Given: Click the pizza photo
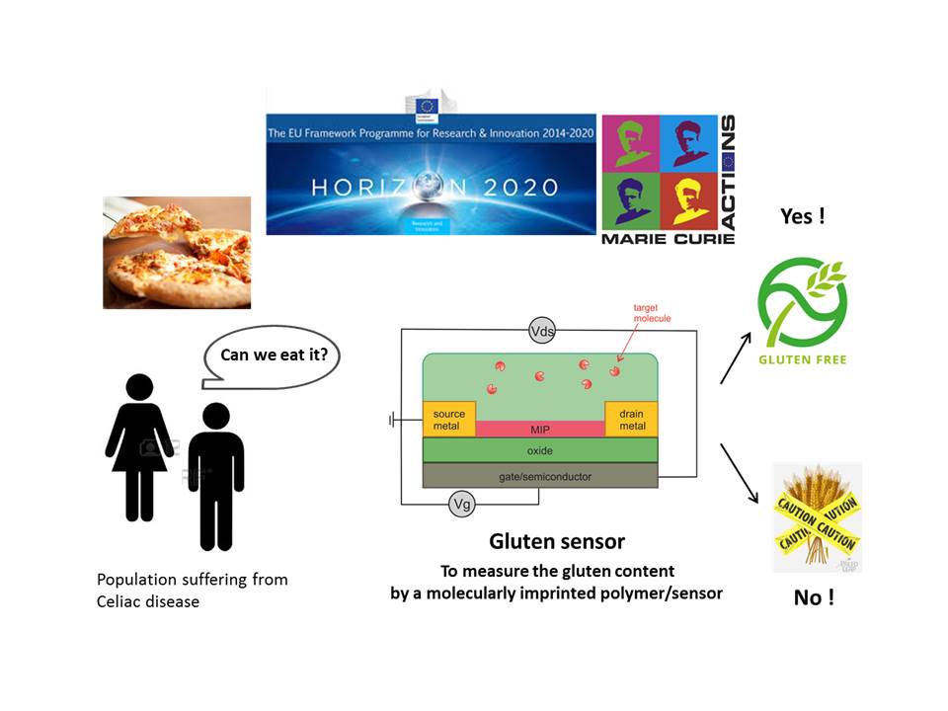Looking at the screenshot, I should [177, 252].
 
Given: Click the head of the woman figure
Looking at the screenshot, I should [139, 387].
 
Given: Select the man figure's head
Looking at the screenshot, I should [215, 417].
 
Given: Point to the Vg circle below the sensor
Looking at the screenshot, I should [461, 505].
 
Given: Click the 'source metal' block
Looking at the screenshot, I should [448, 419].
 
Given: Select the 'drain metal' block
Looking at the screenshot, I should [631, 419].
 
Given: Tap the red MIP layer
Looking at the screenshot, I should [539, 429].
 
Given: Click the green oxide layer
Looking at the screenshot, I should [539, 450].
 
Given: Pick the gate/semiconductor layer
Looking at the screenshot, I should [539, 476].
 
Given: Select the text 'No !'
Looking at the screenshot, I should [814, 597].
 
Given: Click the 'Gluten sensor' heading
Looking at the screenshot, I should [557, 541].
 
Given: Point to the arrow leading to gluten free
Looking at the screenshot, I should [736, 358].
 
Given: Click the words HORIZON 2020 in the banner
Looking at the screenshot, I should [433, 186].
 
